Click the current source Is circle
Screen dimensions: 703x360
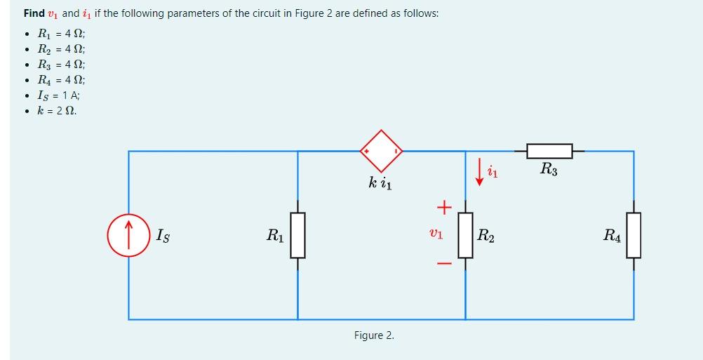pyautogui.click(x=128, y=236)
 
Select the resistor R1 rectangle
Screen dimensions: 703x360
pyautogui.click(x=297, y=236)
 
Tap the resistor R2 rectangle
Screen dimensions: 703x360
pyautogui.click(x=465, y=236)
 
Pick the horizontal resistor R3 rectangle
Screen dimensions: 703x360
pyautogui.click(x=549, y=151)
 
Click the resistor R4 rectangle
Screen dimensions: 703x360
pyautogui.click(x=634, y=236)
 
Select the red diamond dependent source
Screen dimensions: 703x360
pyautogui.click(x=382, y=151)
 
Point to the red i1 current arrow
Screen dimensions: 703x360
pyautogui.click(x=480, y=173)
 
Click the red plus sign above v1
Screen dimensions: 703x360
pyautogui.click(x=443, y=207)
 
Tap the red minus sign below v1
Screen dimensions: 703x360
pyautogui.click(x=443, y=265)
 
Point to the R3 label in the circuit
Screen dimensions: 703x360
pyautogui.click(x=549, y=168)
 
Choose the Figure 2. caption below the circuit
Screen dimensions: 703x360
pyautogui.click(x=374, y=335)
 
